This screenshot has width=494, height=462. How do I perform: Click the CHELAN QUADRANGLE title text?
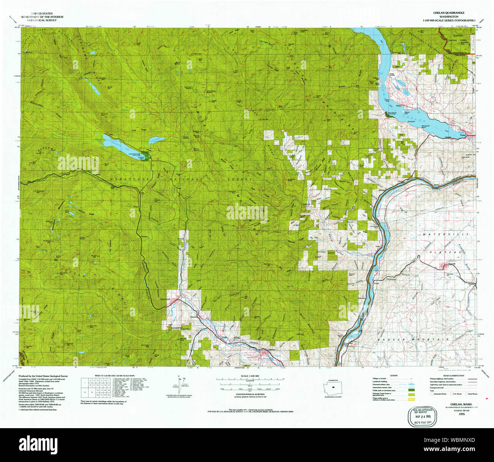(x=443, y=13)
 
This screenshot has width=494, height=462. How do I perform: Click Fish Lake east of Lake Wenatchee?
(x=157, y=140)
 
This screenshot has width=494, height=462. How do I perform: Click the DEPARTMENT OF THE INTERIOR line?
(x=42, y=17)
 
